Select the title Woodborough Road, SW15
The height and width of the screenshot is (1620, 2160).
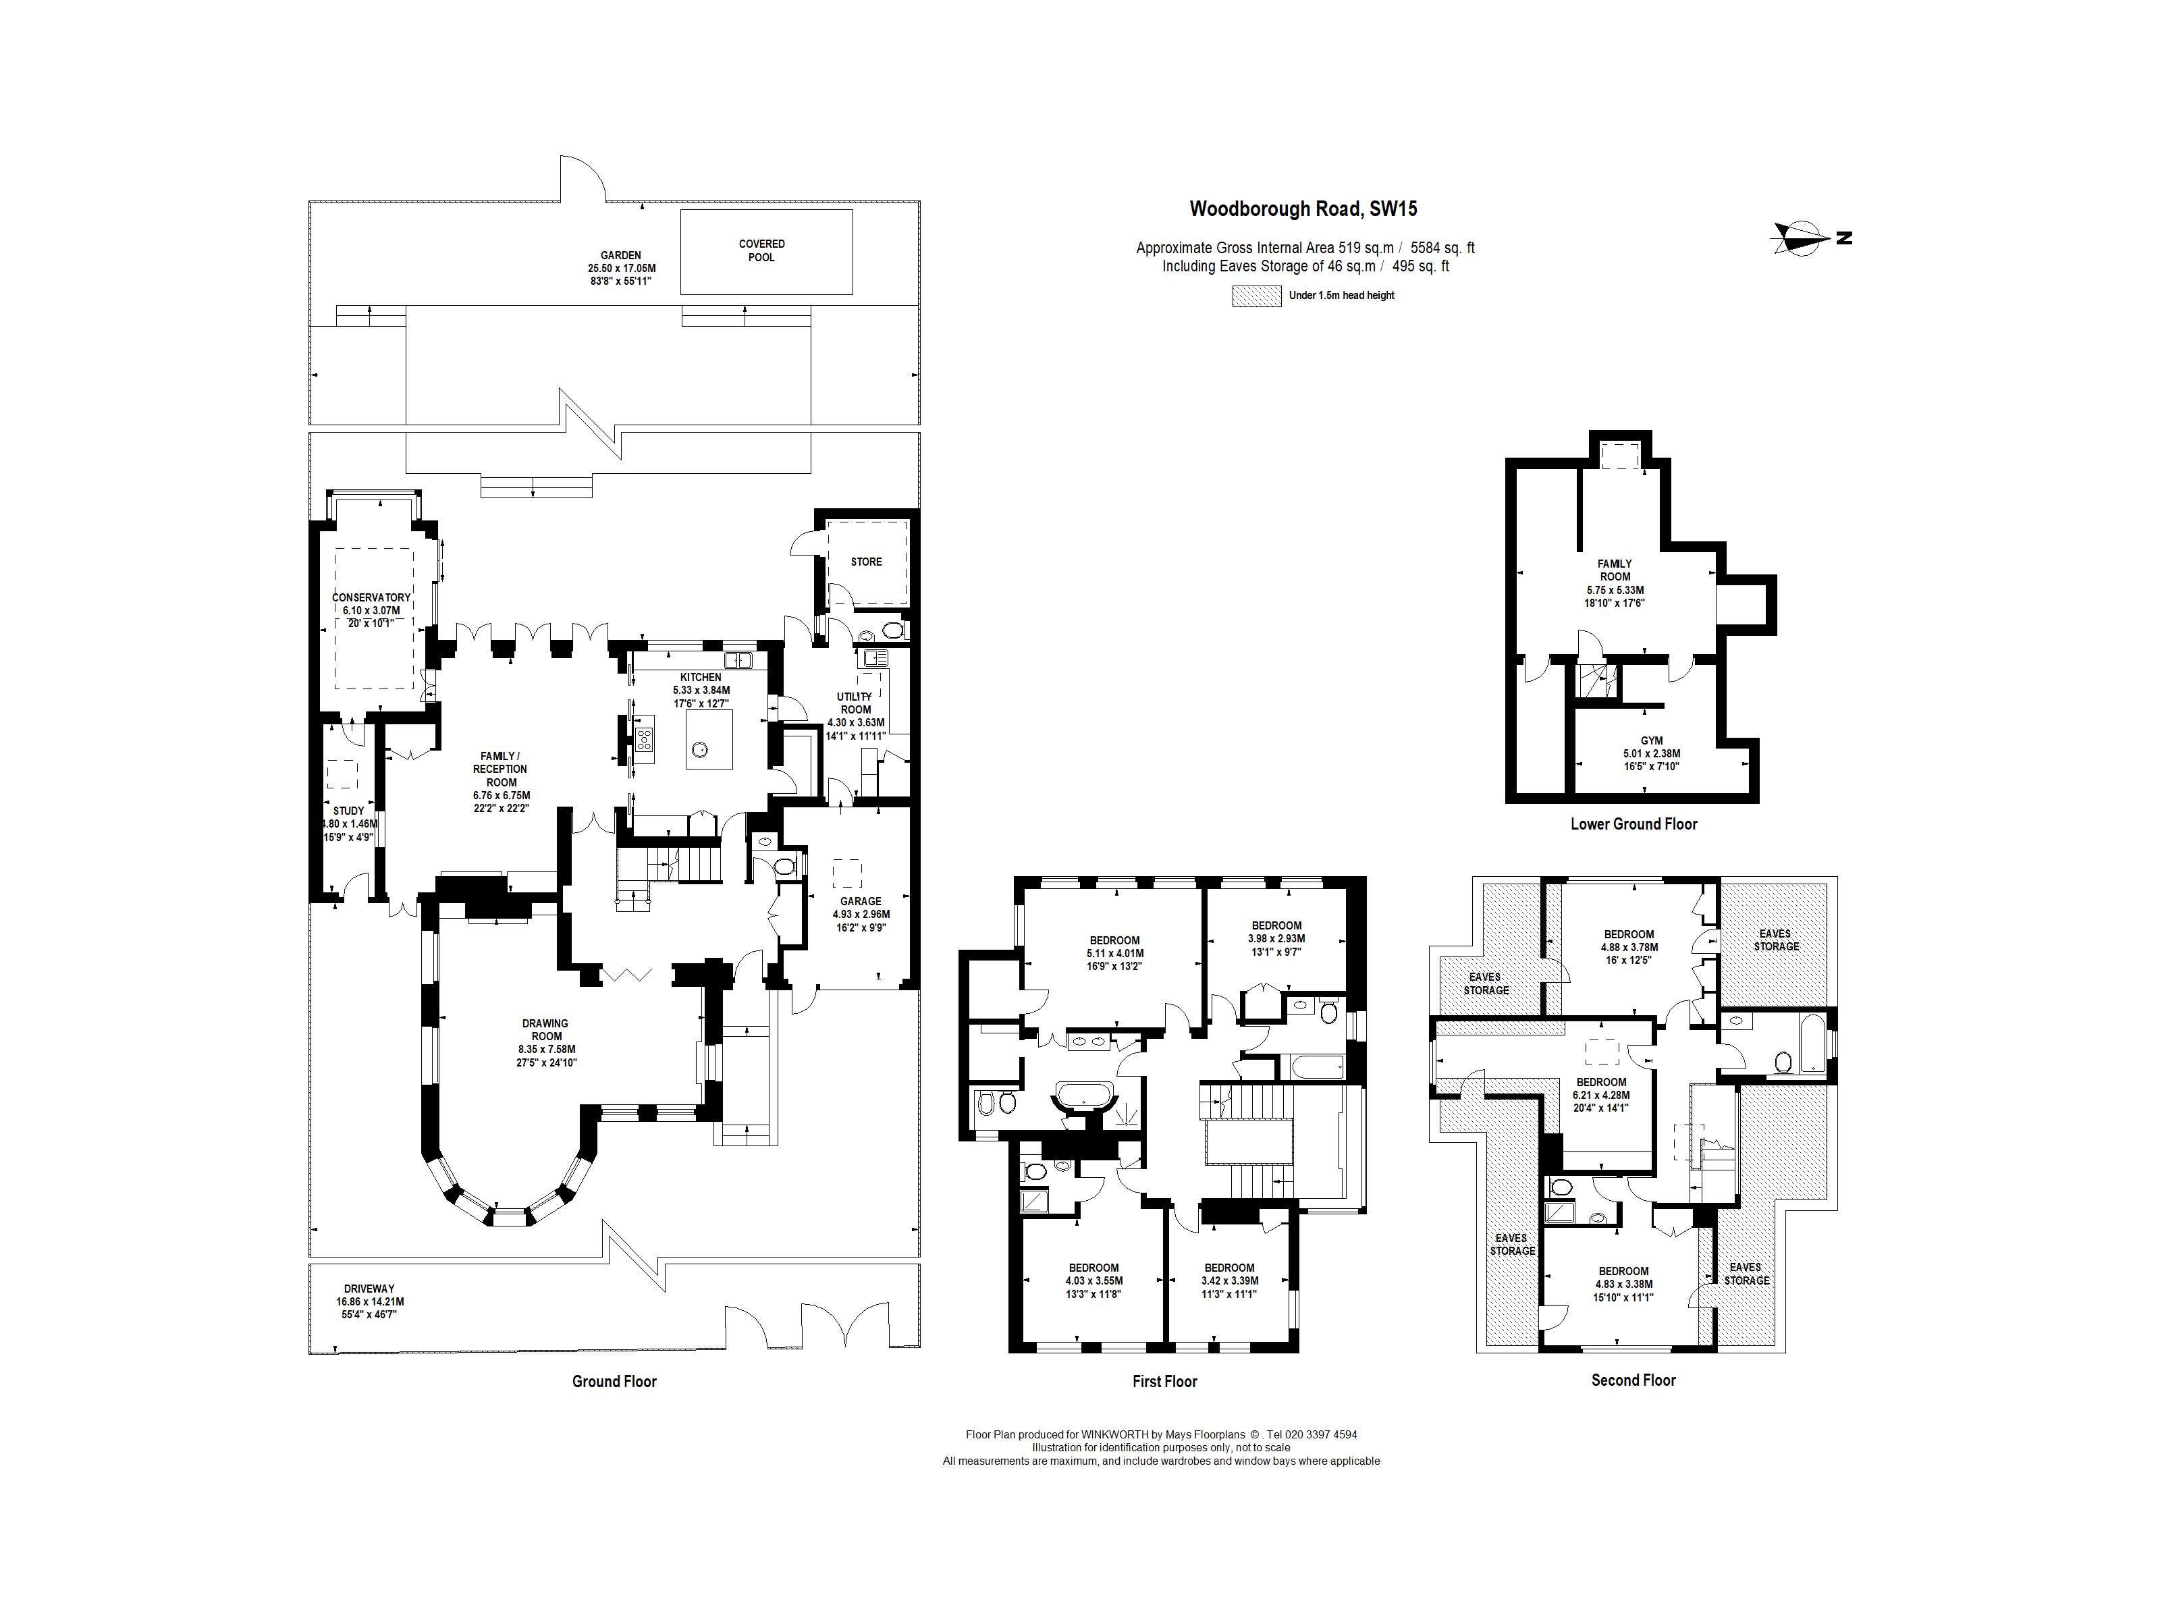1303,209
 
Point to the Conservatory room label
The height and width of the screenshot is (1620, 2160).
371,597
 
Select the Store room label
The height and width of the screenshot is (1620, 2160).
865,562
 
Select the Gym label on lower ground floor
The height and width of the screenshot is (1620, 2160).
1651,741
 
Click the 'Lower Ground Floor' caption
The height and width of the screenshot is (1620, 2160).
1633,824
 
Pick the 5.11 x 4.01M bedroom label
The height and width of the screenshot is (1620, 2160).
1114,954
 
